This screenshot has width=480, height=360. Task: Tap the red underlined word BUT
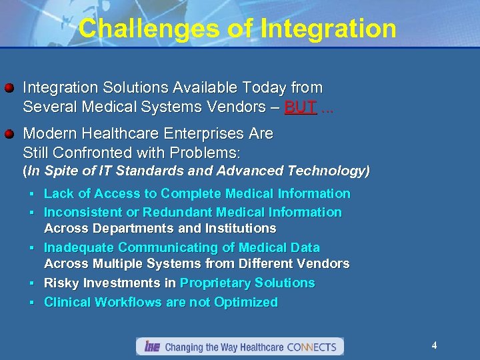(x=300, y=107)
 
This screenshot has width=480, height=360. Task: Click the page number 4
(x=434, y=345)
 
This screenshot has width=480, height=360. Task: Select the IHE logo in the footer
(x=152, y=347)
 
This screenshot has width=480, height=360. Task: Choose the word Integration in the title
(x=329, y=29)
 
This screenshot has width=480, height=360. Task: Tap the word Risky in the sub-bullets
(x=60, y=283)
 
